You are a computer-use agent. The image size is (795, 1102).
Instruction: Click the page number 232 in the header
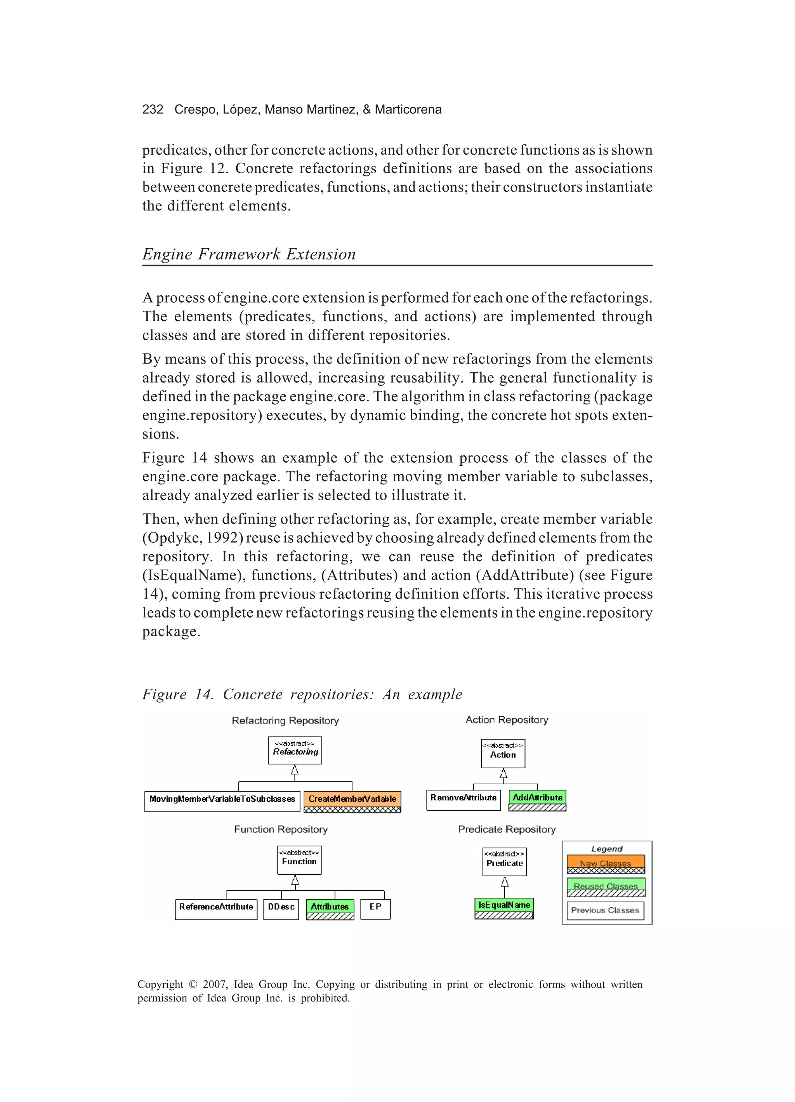click(x=153, y=109)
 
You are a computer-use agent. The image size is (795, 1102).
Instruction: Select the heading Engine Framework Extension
click(x=249, y=254)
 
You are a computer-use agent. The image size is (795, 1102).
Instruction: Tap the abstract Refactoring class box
click(x=295, y=750)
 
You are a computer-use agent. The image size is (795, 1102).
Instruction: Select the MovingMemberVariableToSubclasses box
click(x=222, y=801)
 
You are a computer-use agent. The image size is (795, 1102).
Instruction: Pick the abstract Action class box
click(x=503, y=753)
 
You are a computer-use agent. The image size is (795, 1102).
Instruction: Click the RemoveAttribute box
click(x=463, y=800)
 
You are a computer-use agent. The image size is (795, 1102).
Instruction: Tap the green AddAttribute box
click(x=537, y=800)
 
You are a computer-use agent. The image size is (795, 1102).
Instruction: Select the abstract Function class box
click(x=299, y=860)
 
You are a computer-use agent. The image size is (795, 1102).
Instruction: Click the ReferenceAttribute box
click(x=216, y=909)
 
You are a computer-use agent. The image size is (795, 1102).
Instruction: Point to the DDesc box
click(x=281, y=909)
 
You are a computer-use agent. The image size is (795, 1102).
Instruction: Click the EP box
click(x=375, y=909)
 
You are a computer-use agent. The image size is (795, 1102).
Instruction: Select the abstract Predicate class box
click(x=505, y=862)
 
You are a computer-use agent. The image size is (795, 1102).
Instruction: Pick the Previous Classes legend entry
click(x=605, y=910)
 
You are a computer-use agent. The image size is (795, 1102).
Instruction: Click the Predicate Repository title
click(x=507, y=829)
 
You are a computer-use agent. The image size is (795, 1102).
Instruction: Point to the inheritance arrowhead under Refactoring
click(x=294, y=769)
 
